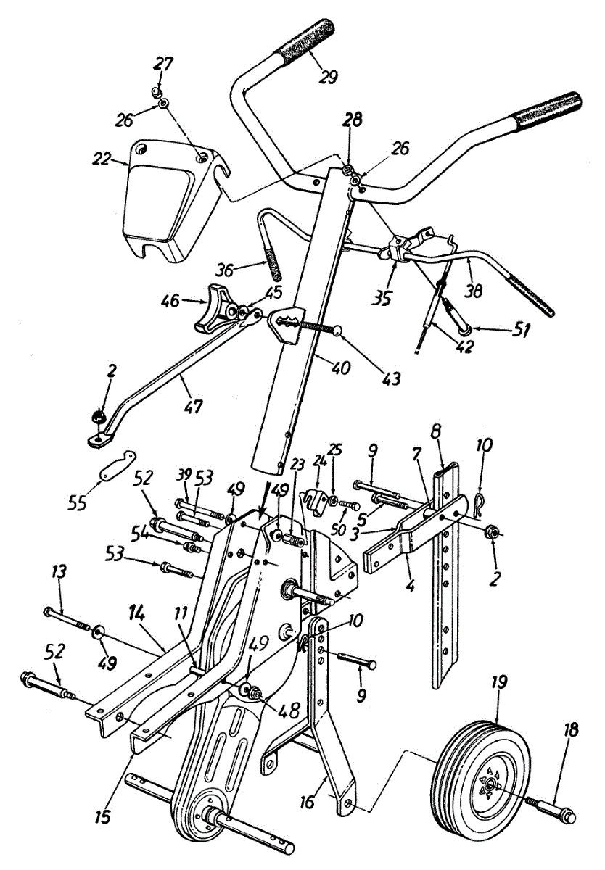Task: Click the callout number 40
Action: click(340, 368)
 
